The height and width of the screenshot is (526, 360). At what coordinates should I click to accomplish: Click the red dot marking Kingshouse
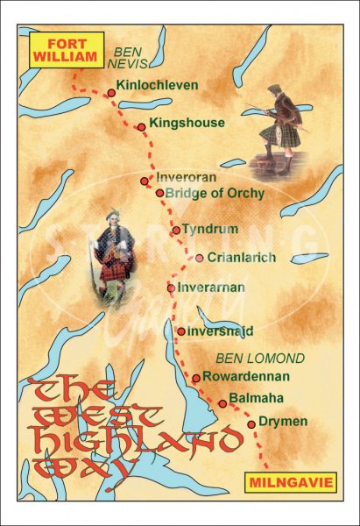coord(141,128)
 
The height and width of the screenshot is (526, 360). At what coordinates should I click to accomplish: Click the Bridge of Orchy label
coord(215,193)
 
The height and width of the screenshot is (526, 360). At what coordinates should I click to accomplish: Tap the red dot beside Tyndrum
coord(176,231)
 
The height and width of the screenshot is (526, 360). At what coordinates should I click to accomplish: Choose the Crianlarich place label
coord(242,258)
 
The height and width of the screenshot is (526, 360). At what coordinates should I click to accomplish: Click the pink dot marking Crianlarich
coord(200,258)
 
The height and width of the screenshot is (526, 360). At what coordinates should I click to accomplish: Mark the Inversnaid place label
coord(222,331)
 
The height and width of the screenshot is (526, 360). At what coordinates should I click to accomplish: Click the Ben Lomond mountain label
coord(261,359)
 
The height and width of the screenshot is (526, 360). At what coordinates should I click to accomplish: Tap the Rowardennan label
coord(244,378)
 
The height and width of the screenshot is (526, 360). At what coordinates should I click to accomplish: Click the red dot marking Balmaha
coord(222,404)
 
